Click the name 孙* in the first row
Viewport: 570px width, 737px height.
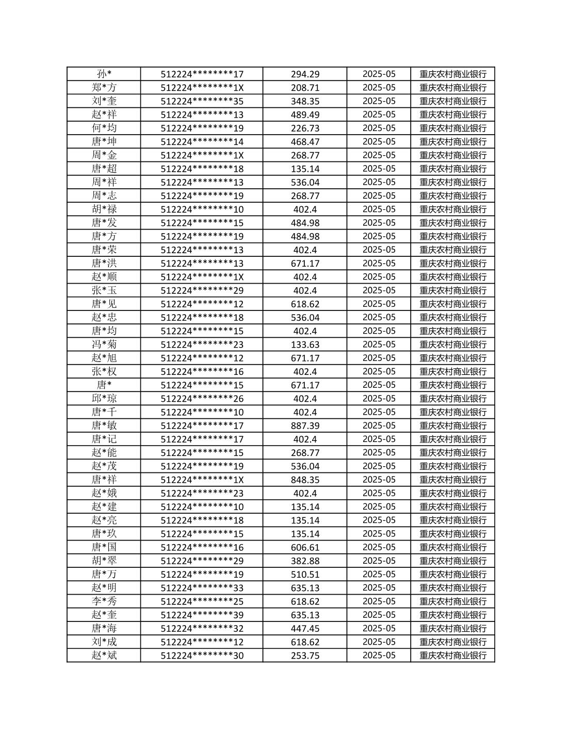click(x=104, y=74)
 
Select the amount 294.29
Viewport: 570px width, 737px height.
click(x=305, y=74)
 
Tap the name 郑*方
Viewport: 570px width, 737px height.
click(x=104, y=88)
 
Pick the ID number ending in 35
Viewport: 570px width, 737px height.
click(x=202, y=101)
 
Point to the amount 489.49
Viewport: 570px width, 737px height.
click(x=305, y=114)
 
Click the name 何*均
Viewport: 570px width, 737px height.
click(x=104, y=128)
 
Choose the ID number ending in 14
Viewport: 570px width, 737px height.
click(x=202, y=142)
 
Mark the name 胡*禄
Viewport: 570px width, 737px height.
click(x=104, y=209)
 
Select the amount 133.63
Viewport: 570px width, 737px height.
click(x=305, y=345)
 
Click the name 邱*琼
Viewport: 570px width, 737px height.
click(x=104, y=399)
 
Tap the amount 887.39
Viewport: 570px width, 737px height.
click(x=305, y=425)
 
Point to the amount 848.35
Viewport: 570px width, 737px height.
click(x=305, y=480)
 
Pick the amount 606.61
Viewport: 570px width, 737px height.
click(x=305, y=547)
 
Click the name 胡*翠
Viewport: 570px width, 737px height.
click(x=104, y=561)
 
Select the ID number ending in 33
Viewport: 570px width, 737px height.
click(x=202, y=588)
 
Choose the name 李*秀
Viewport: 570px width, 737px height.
click(x=104, y=601)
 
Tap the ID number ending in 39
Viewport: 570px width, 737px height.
click(x=202, y=615)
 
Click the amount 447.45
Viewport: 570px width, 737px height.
click(x=305, y=628)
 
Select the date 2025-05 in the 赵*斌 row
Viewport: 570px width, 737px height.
click(x=379, y=655)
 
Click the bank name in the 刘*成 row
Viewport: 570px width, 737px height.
click(x=452, y=642)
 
